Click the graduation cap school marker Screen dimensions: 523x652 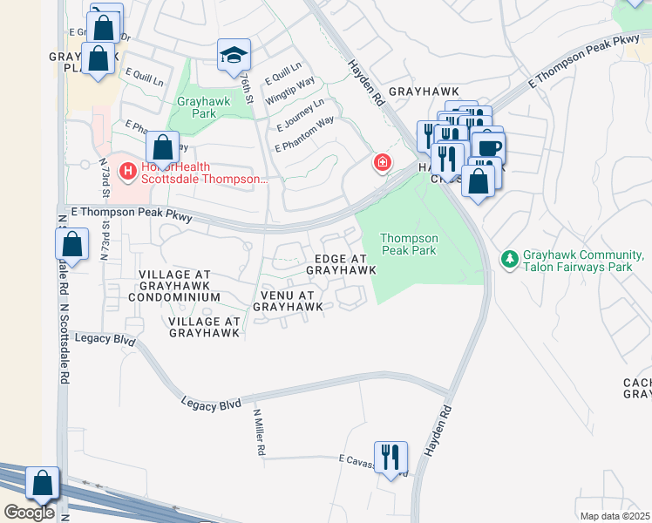tap(234, 55)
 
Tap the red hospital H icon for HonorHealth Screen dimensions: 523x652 tap(127, 170)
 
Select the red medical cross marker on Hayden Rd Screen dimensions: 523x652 tap(381, 163)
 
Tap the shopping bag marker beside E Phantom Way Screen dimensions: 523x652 tap(162, 147)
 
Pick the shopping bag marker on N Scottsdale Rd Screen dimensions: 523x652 tap(74, 245)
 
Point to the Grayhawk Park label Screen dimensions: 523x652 tap(196, 107)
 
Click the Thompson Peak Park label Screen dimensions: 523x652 tap(409, 243)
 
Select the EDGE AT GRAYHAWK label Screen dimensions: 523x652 tap(341, 264)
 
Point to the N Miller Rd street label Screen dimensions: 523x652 tap(259, 432)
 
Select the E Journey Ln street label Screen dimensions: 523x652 tap(299, 115)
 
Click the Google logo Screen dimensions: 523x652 tap(29, 513)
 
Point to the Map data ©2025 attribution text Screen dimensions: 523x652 tap(615, 516)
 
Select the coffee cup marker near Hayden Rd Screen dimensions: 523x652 tap(488, 146)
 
